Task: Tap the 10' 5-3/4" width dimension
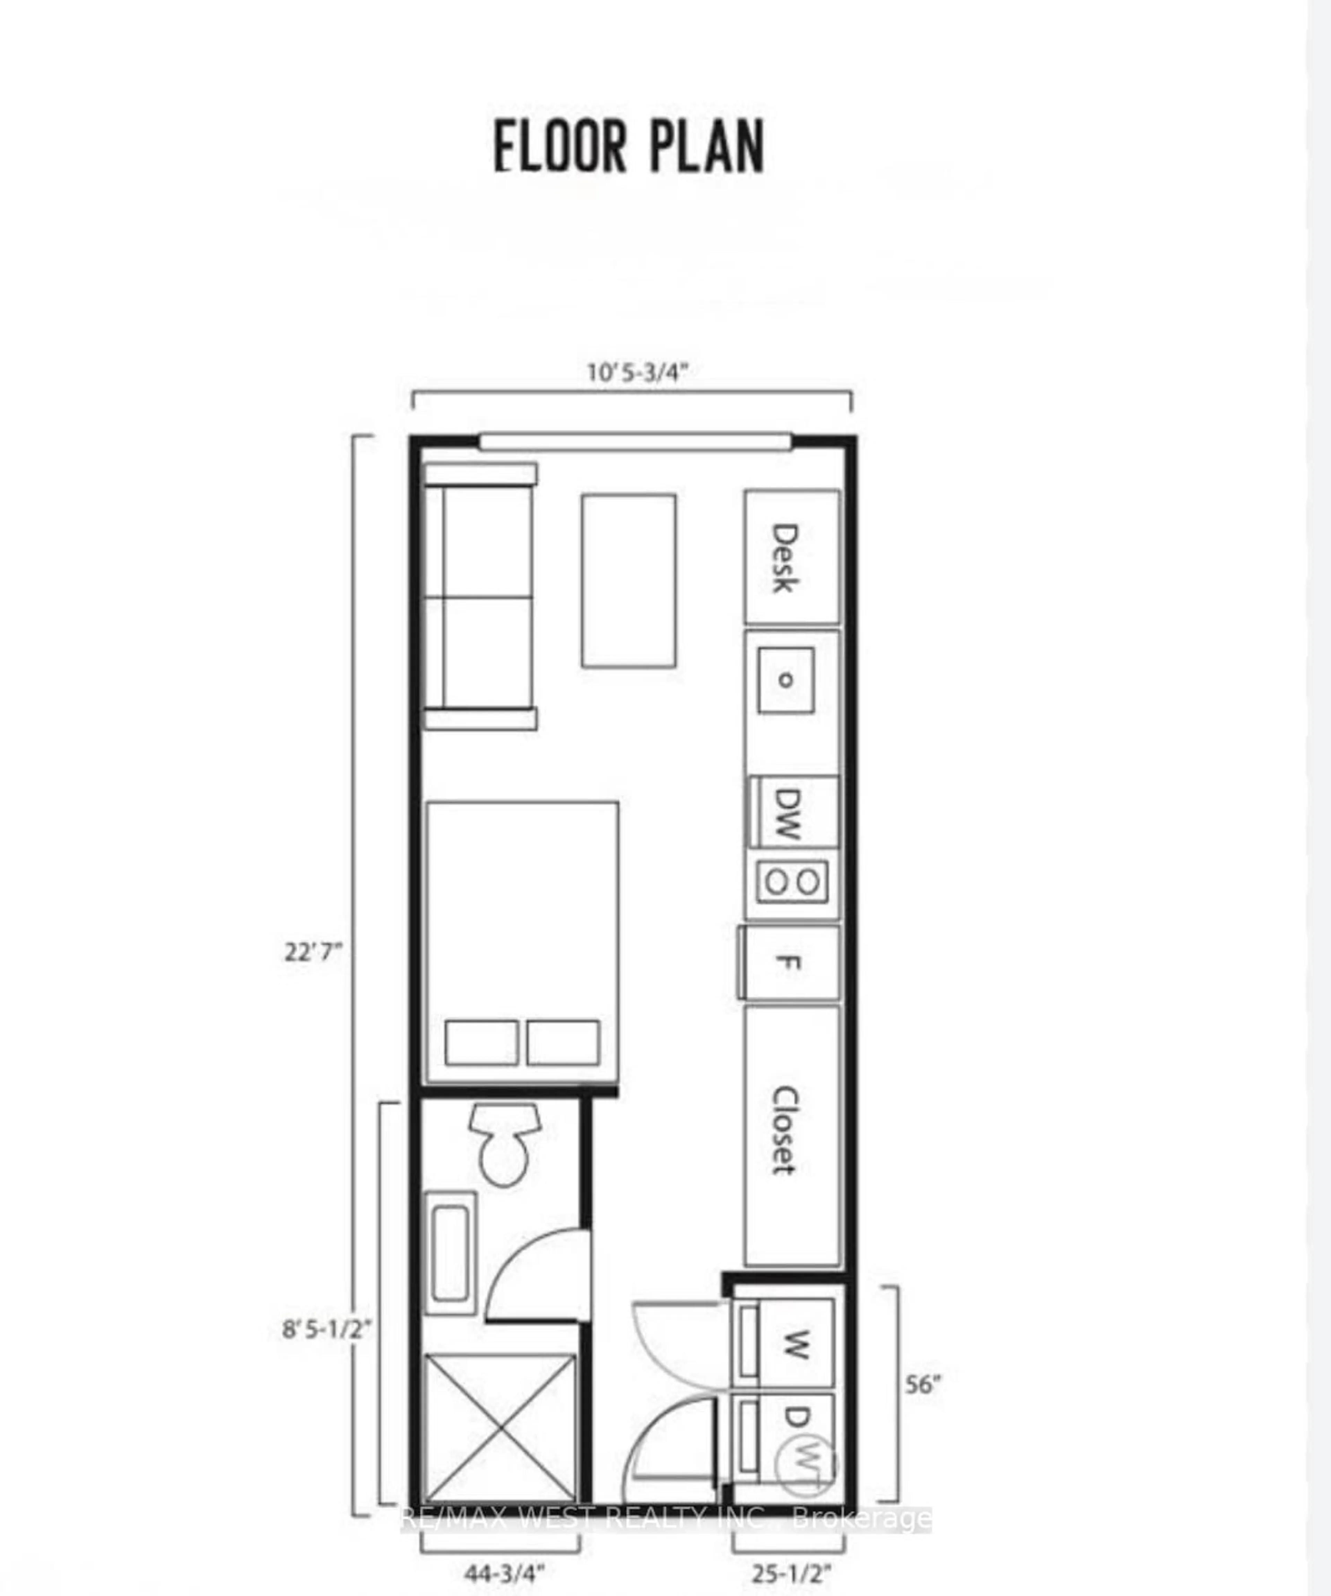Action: [637, 372]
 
